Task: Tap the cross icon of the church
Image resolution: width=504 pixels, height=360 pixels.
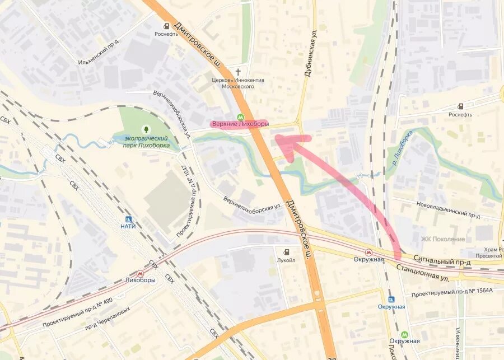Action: coord(238,72)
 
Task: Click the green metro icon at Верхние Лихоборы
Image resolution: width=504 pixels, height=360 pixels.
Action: coord(240,118)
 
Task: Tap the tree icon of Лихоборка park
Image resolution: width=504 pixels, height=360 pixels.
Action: coord(147,130)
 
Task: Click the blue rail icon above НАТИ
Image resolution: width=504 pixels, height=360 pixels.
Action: coord(128,219)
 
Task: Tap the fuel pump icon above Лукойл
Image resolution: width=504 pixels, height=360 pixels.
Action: coord(287,252)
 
